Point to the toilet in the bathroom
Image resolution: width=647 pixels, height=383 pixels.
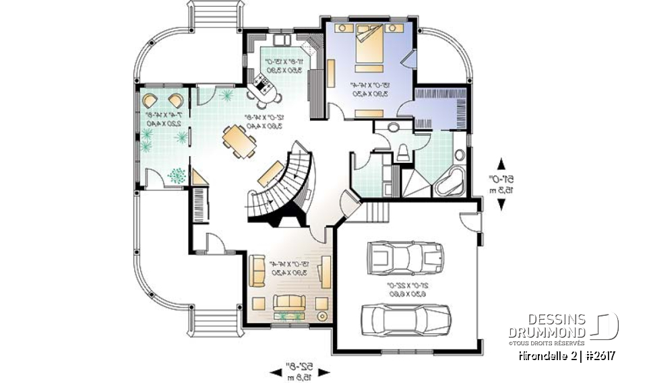click(x=403, y=151)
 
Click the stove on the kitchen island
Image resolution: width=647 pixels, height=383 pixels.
click(x=261, y=86)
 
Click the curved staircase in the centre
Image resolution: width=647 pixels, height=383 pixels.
click(x=283, y=182)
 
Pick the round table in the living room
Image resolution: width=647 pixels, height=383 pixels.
click(x=322, y=316)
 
